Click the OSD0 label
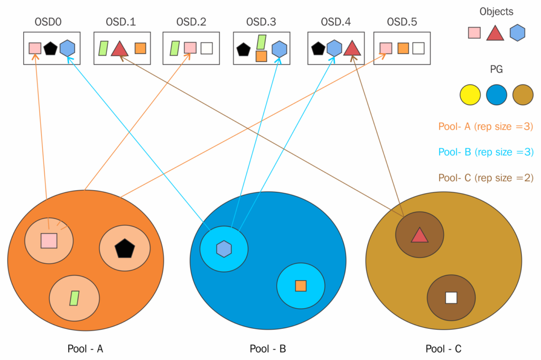[48, 22]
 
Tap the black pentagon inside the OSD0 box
[50, 49]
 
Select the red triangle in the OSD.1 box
[119, 49]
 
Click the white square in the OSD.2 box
[207, 48]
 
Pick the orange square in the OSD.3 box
[261, 56]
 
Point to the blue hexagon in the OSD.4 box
[334, 48]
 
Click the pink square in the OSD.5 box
[386, 48]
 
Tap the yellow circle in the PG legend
[470, 95]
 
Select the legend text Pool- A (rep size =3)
[486, 127]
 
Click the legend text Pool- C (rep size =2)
[486, 178]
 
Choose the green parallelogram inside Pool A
[74, 298]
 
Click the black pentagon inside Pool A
[125, 248]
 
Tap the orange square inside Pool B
[301, 286]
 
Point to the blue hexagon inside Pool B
[224, 249]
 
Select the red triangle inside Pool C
[419, 235]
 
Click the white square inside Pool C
[451, 298]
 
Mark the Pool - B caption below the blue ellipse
[268, 349]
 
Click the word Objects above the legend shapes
[496, 12]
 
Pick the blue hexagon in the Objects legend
[517, 33]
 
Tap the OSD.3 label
[261, 22]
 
